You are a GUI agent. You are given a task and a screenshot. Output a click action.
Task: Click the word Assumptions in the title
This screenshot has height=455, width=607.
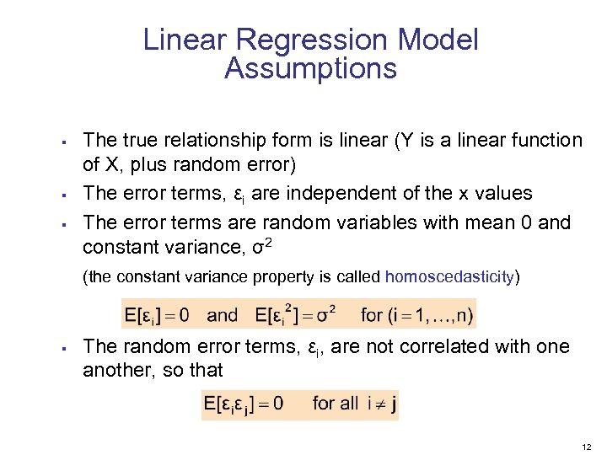[310, 69]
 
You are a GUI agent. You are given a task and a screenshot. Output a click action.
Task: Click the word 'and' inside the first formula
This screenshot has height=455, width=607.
[223, 316]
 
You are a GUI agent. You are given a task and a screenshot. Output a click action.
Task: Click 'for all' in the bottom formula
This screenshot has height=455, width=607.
[336, 404]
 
